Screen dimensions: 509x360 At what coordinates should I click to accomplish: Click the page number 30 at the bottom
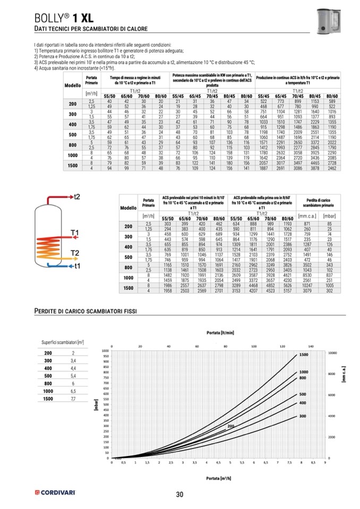click(x=179, y=495)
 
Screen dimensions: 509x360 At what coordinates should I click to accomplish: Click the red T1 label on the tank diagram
click(x=75, y=232)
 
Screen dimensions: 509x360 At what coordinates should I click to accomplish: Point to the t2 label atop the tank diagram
click(x=76, y=197)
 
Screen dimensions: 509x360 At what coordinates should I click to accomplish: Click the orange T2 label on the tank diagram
click(x=75, y=252)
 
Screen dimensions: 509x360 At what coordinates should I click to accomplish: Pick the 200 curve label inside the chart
click(x=230, y=426)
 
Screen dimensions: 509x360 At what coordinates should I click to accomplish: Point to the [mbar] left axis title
click(x=96, y=406)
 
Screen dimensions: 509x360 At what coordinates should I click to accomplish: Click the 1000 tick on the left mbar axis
click(x=104, y=351)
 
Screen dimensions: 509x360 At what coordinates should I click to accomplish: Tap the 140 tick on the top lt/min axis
click(x=310, y=346)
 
